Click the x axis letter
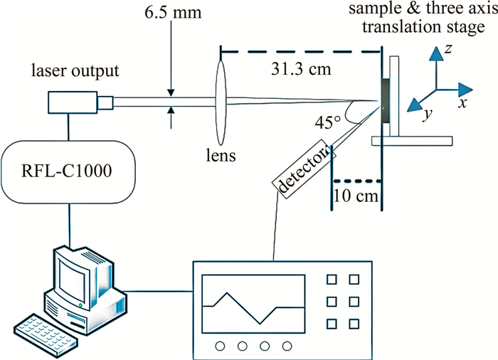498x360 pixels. tap(462, 102)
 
